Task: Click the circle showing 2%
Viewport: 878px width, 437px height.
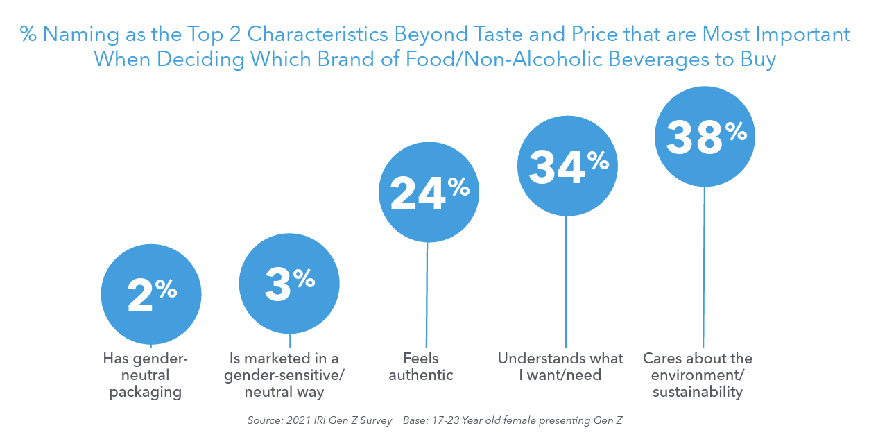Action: point(151,294)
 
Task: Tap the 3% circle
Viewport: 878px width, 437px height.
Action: point(289,283)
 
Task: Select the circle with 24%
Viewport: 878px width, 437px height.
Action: point(429,192)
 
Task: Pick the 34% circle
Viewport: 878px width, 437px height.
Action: point(567,166)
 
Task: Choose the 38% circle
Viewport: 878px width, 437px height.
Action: point(705,136)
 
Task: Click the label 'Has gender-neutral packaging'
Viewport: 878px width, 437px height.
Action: point(146,375)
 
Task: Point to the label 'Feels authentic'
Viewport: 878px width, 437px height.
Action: point(421,367)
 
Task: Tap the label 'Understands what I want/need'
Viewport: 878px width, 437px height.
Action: point(560,367)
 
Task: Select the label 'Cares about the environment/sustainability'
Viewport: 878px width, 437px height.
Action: point(698,375)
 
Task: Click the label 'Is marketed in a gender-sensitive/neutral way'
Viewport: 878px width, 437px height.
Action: point(284,375)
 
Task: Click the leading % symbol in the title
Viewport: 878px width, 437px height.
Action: point(28,35)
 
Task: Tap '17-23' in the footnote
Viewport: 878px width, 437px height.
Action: point(451,420)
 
